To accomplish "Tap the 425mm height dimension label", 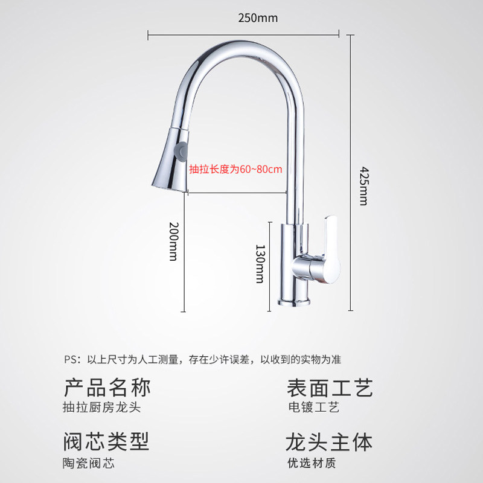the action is [362, 185].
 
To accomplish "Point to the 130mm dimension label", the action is [260, 264].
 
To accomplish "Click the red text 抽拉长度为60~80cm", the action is [236, 170].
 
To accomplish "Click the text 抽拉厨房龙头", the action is [101, 408].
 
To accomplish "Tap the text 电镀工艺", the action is [313, 408].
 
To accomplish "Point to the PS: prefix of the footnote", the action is [72, 360].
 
